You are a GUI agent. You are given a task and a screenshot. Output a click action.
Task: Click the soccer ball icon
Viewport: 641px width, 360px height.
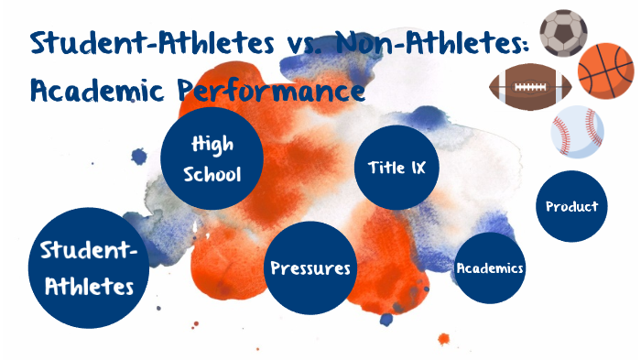pyautogui.click(x=563, y=33)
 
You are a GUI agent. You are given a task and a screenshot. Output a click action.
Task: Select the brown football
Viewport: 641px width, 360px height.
pyautogui.click(x=530, y=88)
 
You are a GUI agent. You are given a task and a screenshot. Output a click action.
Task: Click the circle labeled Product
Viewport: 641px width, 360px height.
pyautogui.click(x=571, y=206)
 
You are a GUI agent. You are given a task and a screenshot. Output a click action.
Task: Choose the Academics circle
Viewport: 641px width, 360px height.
pyautogui.click(x=490, y=267)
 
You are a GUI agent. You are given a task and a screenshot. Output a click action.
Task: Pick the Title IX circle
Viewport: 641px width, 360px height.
pyautogui.click(x=397, y=168)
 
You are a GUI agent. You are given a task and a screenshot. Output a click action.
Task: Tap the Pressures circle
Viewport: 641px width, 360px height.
pyautogui.click(x=310, y=268)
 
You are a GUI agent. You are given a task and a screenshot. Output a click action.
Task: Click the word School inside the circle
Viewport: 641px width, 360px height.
pyautogui.click(x=213, y=173)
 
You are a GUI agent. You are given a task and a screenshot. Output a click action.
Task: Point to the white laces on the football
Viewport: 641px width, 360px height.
pyautogui.click(x=530, y=87)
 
